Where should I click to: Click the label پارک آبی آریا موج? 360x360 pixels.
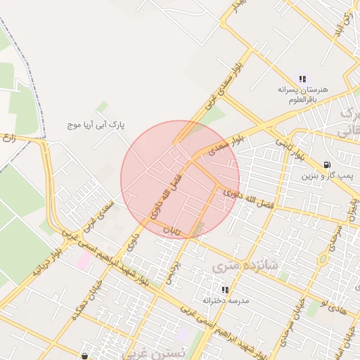(96, 124)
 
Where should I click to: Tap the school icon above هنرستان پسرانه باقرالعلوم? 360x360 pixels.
(302, 79)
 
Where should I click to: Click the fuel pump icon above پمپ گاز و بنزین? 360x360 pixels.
(327, 165)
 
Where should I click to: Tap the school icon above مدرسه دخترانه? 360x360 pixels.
(226, 290)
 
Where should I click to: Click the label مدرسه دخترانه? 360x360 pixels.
(226, 300)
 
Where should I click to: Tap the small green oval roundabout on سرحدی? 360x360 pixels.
(323, 258)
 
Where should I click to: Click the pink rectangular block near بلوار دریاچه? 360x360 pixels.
(84, 259)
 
